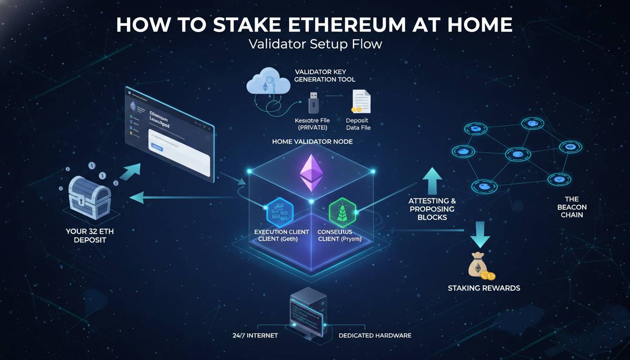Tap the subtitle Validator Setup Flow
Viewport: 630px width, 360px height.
(x=315, y=45)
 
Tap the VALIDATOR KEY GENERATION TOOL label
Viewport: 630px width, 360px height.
(x=325, y=75)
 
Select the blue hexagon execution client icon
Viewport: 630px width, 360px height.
(x=279, y=212)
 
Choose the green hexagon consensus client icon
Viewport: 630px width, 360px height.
(x=340, y=212)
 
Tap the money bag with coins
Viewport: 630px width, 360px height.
(x=480, y=266)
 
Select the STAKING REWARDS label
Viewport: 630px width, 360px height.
(x=484, y=288)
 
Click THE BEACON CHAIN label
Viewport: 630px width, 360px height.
(x=572, y=207)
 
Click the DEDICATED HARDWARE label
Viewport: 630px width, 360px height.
(x=375, y=335)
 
